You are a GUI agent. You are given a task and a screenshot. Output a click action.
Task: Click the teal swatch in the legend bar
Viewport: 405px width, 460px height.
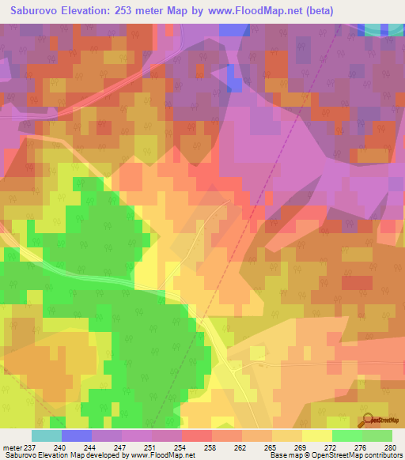coord(47,435)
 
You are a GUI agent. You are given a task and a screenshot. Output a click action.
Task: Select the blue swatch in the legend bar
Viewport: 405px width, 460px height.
coord(77,435)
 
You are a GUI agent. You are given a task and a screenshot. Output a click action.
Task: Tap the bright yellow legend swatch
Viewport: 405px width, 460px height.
coord(317,435)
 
